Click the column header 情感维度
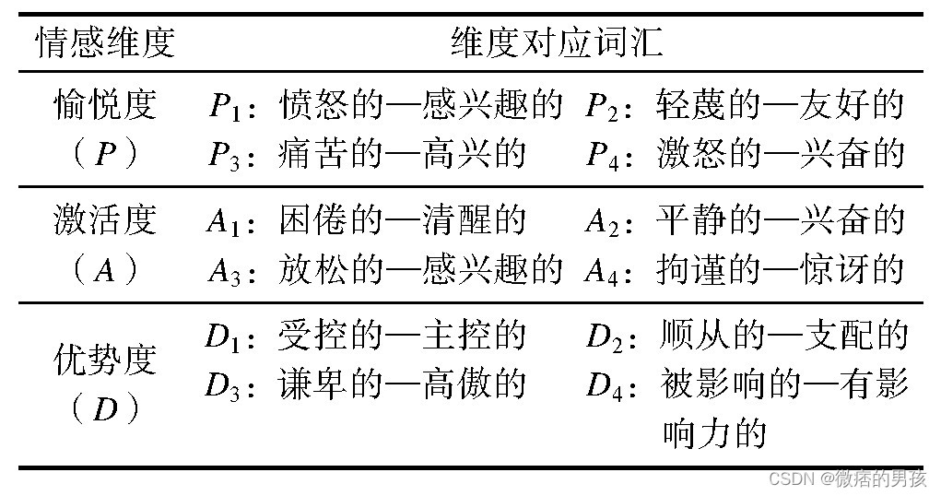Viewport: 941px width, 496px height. tap(104, 43)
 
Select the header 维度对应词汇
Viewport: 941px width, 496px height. tap(557, 43)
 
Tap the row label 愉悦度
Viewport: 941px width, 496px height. tap(105, 106)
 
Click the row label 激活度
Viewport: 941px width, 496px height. tap(105, 220)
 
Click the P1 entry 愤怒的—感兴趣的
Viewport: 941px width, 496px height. tap(419, 106)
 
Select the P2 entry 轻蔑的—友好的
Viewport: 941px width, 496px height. tap(780, 106)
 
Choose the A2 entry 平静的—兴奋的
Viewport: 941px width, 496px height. tap(780, 220)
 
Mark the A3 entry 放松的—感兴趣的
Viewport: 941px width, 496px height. tap(419, 269)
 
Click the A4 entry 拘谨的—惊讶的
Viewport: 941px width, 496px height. tap(780, 269)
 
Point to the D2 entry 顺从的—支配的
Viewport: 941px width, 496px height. tap(784, 336)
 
